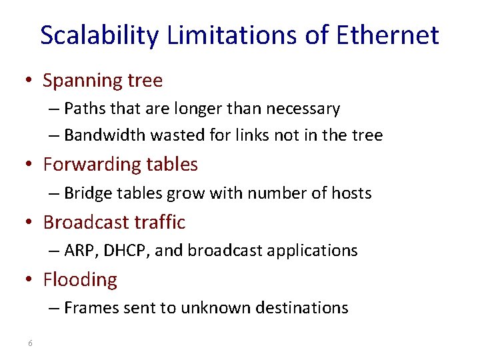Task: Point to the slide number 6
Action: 31,343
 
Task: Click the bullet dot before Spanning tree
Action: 30,81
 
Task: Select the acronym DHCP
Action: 119,251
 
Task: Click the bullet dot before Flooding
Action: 30,280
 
